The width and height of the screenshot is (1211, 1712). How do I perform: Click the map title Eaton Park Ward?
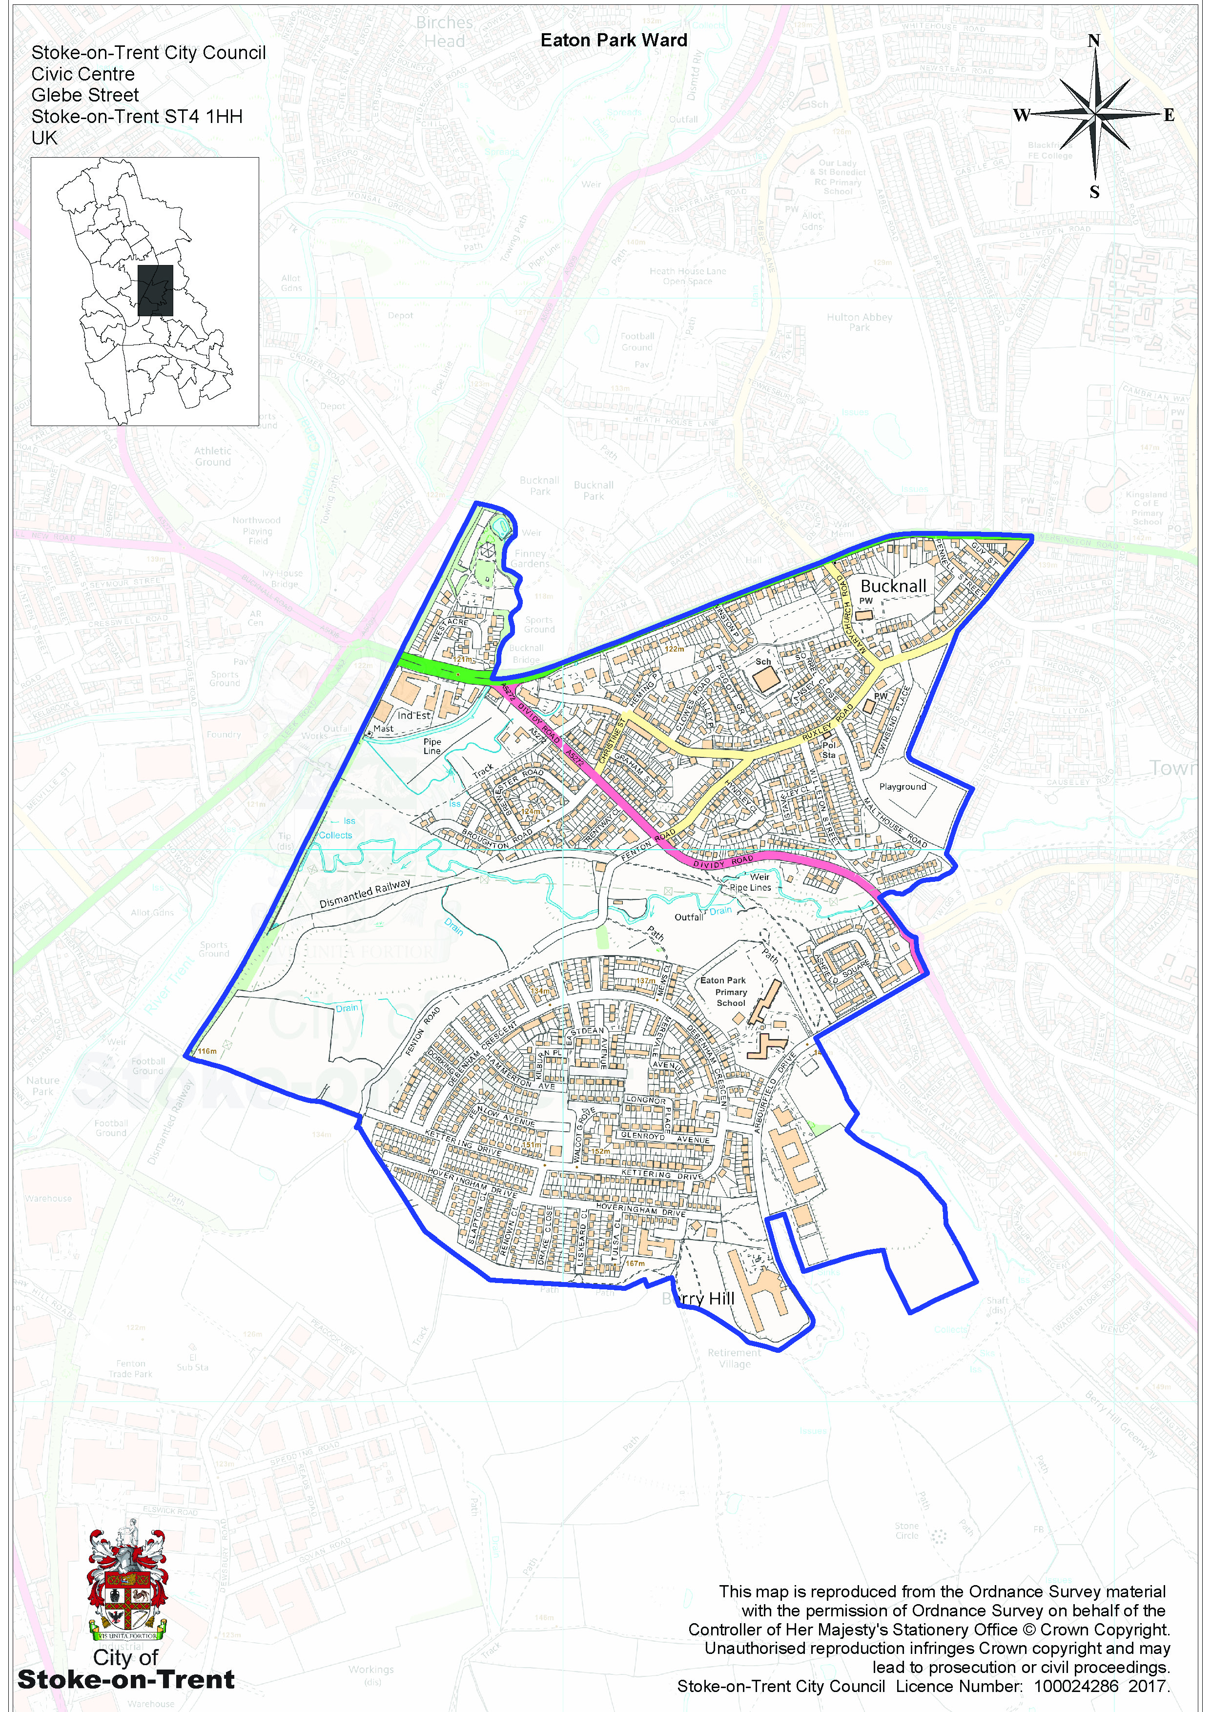[613, 41]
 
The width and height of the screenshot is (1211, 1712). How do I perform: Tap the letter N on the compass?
[1093, 41]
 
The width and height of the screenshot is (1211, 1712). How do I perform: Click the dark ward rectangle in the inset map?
[155, 290]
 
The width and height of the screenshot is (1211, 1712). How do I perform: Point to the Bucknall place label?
[893, 586]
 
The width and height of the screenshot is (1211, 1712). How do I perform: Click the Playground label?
[903, 787]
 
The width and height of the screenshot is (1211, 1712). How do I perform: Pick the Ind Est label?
[414, 715]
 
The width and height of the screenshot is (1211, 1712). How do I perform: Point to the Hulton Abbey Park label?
[859, 322]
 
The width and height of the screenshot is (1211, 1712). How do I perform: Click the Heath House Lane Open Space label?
[687, 276]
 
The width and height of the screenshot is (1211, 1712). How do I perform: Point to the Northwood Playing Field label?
[257, 530]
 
